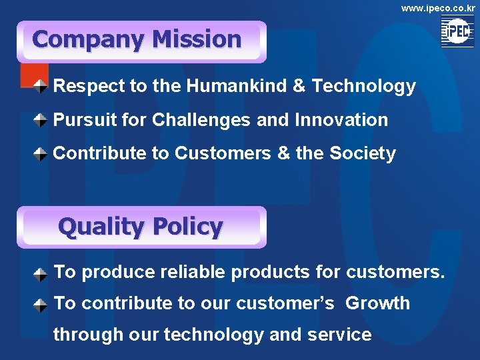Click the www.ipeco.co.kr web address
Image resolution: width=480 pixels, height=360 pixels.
(x=438, y=8)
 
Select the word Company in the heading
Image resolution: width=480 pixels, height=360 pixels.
(x=89, y=39)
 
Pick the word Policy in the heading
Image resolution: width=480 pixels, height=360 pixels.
(x=188, y=227)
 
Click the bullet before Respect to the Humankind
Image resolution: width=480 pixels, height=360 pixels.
(x=41, y=86)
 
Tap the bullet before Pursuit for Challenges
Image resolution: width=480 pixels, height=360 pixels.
(x=41, y=121)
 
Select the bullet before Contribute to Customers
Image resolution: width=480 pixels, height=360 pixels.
(x=41, y=154)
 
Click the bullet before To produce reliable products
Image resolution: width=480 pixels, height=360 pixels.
(x=41, y=273)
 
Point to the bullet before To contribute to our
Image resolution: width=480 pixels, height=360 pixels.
(x=41, y=305)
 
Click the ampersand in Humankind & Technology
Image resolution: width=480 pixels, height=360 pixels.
(x=299, y=86)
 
